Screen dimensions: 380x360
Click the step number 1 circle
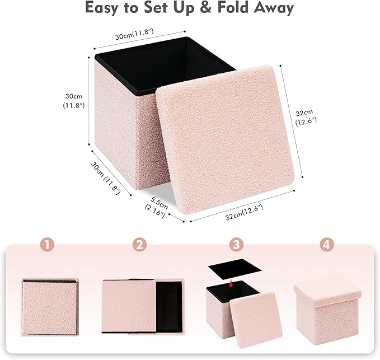click(x=48, y=245)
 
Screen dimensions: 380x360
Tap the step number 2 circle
click(x=140, y=245)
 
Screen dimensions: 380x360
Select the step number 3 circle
click(x=236, y=245)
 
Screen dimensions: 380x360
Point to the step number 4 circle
click(x=327, y=245)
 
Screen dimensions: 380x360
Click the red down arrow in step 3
click(x=231, y=283)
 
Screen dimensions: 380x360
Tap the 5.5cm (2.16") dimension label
click(x=157, y=207)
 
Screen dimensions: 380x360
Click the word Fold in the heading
click(x=232, y=8)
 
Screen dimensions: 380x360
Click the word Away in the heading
click(x=274, y=9)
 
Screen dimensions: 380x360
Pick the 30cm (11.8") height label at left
click(x=74, y=101)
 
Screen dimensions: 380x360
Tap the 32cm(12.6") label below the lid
click(x=244, y=212)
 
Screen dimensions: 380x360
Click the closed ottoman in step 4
click(x=327, y=307)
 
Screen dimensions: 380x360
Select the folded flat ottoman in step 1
click(x=50, y=307)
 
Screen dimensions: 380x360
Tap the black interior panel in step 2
click(x=168, y=307)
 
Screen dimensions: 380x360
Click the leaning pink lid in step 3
click(x=256, y=320)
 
